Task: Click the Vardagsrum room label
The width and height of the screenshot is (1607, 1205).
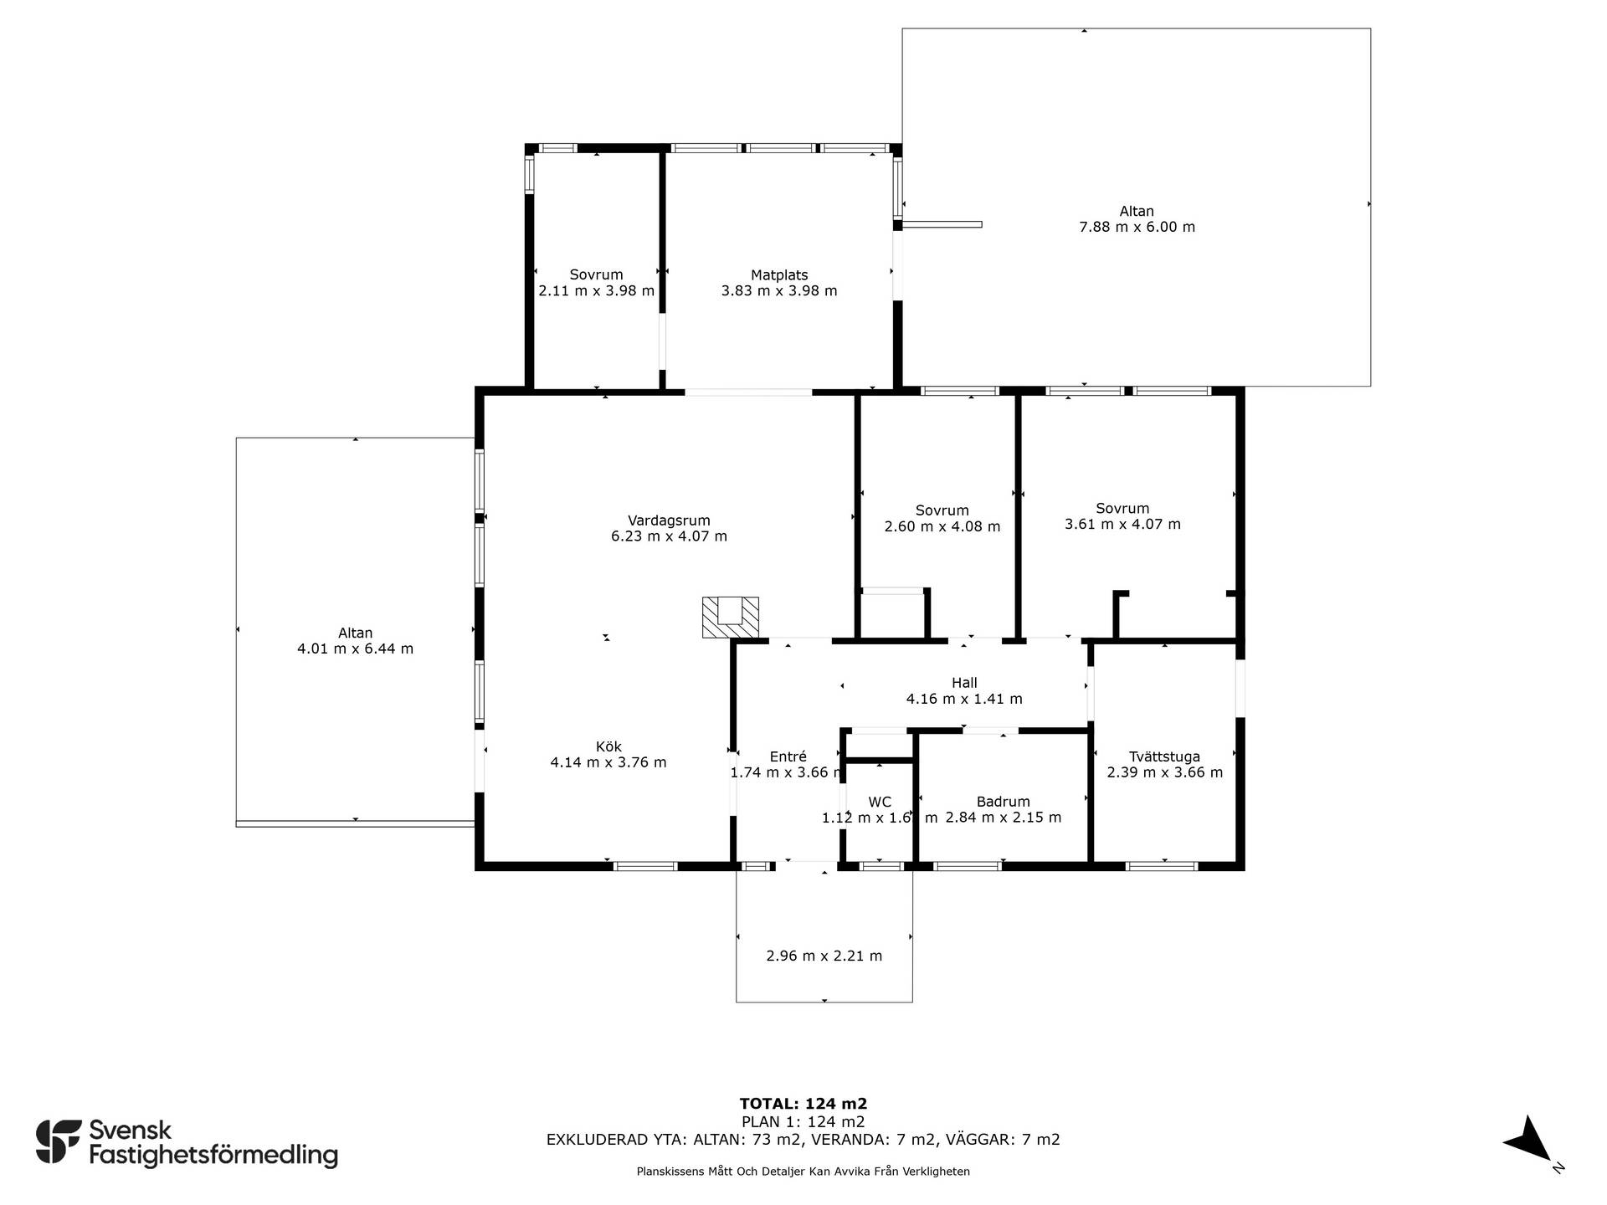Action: click(669, 520)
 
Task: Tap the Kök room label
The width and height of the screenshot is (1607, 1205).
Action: click(608, 746)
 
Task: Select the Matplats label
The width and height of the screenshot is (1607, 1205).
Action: click(779, 275)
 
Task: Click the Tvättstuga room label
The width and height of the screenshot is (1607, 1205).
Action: click(1164, 756)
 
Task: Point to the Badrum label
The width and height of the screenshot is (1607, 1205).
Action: click(1003, 802)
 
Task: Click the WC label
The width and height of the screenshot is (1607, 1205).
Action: click(880, 802)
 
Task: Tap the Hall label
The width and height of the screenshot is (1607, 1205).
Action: click(964, 683)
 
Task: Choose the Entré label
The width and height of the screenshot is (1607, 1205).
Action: click(784, 756)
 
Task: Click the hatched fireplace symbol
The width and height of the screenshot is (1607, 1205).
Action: click(730, 618)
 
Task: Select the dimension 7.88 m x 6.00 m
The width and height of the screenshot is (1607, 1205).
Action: click(1137, 227)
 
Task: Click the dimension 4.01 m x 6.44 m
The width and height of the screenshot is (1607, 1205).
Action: click(355, 649)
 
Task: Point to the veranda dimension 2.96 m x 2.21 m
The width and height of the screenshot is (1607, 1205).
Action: click(824, 956)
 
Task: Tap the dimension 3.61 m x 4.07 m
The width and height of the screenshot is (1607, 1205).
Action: click(1122, 525)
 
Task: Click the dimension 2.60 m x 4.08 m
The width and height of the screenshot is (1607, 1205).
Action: click(942, 526)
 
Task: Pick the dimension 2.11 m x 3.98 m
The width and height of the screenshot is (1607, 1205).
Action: click(597, 291)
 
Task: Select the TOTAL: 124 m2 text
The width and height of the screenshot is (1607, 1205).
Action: click(803, 1104)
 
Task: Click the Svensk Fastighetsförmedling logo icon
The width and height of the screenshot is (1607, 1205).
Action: click(59, 1141)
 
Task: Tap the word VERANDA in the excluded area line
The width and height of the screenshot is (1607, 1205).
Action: click(838, 1140)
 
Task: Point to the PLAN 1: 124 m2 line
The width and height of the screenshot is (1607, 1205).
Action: click(803, 1122)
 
